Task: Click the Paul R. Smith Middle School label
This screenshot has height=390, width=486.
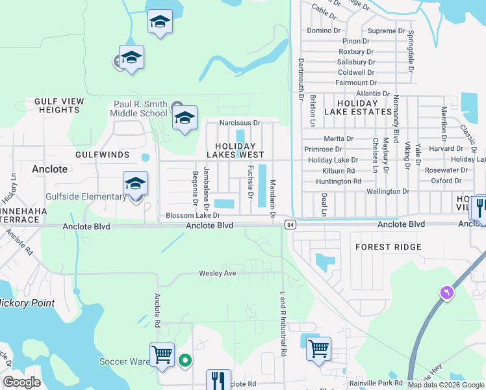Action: (140, 109)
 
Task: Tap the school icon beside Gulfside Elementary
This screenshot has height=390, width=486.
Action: (135, 184)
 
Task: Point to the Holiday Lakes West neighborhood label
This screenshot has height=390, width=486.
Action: (235, 150)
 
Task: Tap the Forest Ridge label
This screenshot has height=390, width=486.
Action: (389, 247)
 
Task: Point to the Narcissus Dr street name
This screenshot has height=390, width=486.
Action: (239, 122)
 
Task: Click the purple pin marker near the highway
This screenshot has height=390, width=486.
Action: (446, 292)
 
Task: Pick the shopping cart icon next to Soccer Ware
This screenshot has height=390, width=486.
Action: (162, 355)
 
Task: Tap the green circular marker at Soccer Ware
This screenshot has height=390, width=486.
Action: (185, 360)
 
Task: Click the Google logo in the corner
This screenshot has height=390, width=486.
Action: (21, 382)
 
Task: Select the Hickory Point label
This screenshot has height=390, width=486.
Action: (26, 303)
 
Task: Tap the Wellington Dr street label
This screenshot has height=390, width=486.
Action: (387, 192)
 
